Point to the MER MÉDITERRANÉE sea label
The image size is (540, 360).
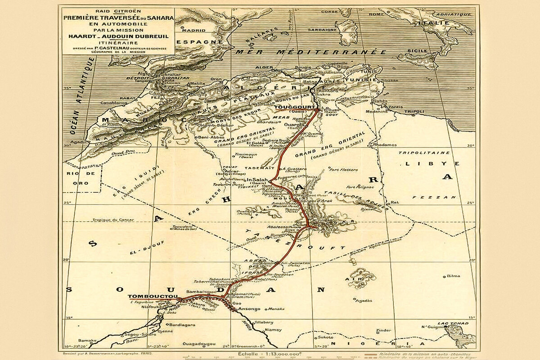310,52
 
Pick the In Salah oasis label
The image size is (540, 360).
256,180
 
